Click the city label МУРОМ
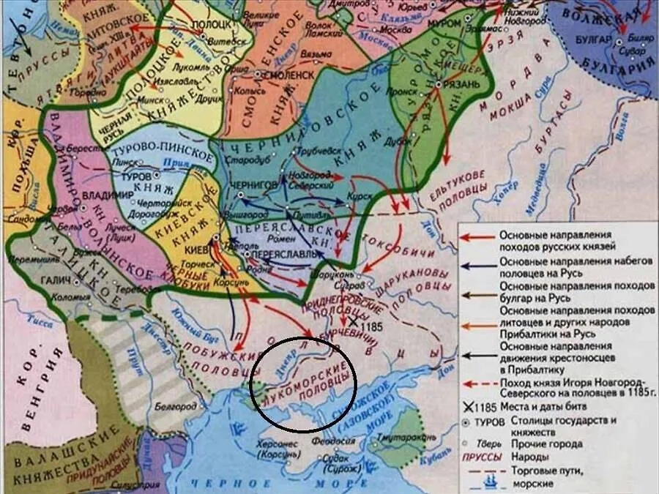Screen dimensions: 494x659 pyautogui.click(x=443, y=24)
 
